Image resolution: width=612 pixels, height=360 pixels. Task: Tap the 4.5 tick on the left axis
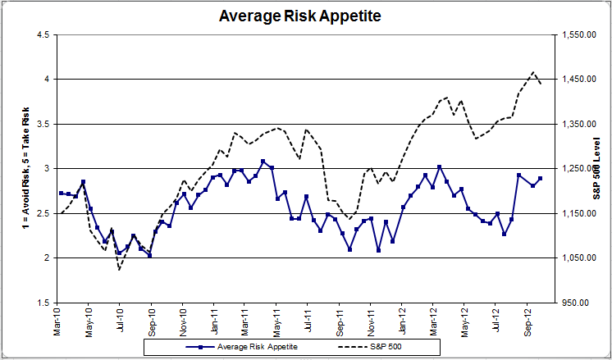[x=41, y=34]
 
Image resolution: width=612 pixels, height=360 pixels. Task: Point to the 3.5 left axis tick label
[x=41, y=124]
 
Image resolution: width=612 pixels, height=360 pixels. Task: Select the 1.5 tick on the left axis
[x=41, y=303]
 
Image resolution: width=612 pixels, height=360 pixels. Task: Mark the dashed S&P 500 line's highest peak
[x=533, y=72]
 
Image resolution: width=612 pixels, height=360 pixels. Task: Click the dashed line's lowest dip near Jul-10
[x=119, y=269]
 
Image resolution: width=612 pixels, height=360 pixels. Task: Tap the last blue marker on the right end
[x=540, y=179]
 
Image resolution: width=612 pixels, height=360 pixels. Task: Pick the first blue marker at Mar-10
[x=61, y=193]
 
